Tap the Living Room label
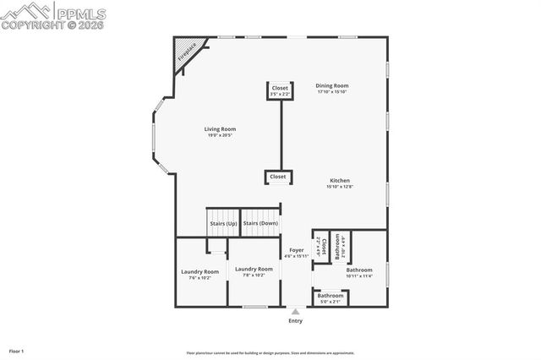pos(219,128)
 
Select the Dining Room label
pos(332,85)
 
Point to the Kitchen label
pos(339,180)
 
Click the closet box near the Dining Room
pos(280,89)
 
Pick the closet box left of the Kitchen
pos(278,177)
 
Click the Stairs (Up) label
pos(222,223)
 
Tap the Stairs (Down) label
pos(260,223)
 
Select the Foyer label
pos(296,250)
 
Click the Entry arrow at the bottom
pos(295,311)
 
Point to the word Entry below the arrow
pos(295,321)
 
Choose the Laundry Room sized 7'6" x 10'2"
pos(199,271)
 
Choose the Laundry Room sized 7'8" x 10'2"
pos(254,269)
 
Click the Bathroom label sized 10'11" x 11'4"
pos(359,270)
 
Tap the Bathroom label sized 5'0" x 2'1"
pos(330,296)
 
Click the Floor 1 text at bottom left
pos(17,350)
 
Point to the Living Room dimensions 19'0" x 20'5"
pos(220,135)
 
